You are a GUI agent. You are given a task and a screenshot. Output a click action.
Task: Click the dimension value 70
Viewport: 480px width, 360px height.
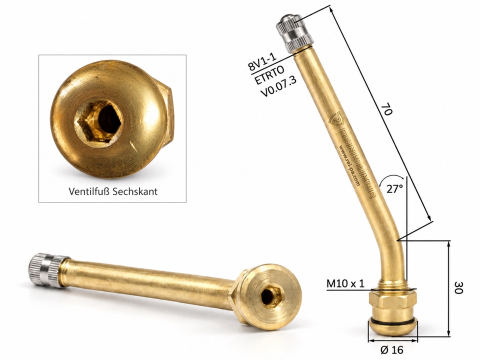pyautogui.click(x=387, y=109)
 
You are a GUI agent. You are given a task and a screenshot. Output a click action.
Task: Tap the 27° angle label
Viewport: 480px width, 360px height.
pyautogui.click(x=394, y=189)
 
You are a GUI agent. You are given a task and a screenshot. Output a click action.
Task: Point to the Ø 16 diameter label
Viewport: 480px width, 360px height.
pyautogui.click(x=392, y=349)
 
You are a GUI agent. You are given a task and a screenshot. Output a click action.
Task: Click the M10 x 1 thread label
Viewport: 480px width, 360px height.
pyautogui.click(x=345, y=283)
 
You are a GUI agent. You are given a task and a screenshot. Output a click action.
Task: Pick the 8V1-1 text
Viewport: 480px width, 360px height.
pyautogui.click(x=261, y=61)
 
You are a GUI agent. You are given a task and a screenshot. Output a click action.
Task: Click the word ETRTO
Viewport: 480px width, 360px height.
pyautogui.click(x=269, y=75)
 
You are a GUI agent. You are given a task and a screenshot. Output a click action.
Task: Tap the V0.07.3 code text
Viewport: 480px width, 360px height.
pyautogui.click(x=278, y=87)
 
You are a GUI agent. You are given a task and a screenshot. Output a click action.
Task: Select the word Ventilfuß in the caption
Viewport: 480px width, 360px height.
pyautogui.click(x=89, y=191)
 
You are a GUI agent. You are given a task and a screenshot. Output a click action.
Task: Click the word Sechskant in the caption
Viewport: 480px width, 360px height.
pyautogui.click(x=135, y=191)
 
